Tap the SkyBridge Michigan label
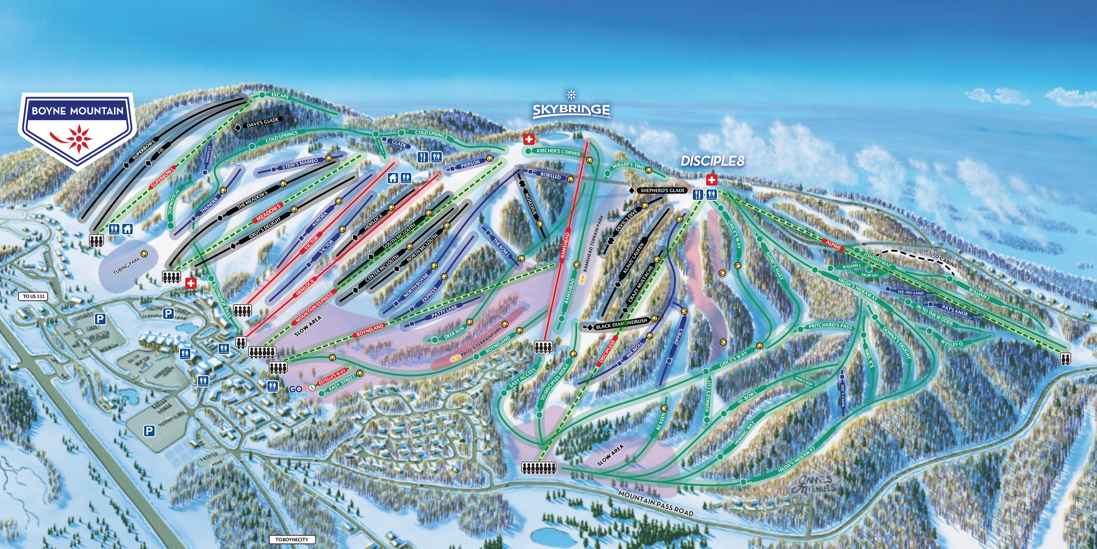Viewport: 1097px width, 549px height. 571,110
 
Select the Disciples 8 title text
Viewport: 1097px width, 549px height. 712,161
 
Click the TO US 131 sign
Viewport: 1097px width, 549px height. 34,296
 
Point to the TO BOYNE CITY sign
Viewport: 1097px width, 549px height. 291,539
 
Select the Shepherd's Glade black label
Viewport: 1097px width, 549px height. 662,190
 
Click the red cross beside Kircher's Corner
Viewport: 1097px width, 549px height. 529,139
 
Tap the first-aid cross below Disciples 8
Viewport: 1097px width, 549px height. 711,180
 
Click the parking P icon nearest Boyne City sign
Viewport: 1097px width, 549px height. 149,431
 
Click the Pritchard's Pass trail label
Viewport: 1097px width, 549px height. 830,327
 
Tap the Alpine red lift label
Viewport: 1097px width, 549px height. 833,245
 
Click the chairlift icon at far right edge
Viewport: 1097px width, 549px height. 1065,358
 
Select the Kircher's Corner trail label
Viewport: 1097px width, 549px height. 558,152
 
